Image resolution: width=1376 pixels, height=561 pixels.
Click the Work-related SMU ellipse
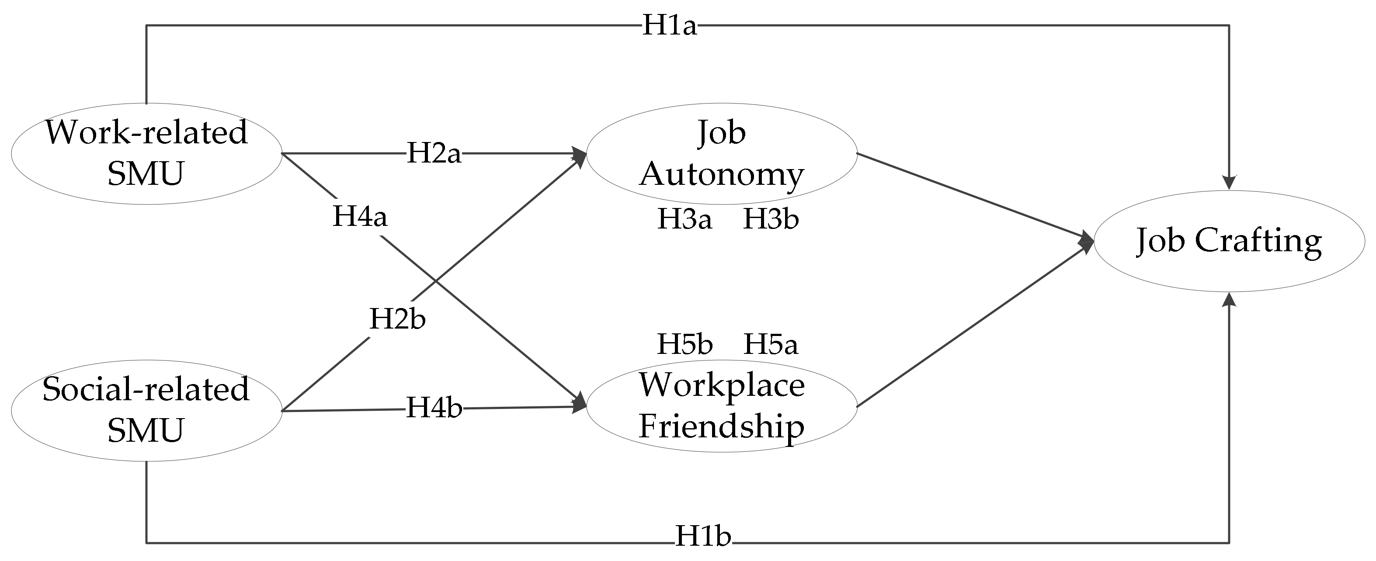coord(146,154)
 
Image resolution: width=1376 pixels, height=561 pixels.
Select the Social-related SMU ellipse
coord(146,410)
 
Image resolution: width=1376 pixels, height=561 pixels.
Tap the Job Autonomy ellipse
coord(722,154)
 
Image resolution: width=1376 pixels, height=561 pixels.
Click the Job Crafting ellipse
coord(1229,241)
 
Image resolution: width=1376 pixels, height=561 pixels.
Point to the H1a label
coord(669,25)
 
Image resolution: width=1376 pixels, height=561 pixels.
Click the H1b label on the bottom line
coord(703,536)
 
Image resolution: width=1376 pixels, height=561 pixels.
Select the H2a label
coord(434,153)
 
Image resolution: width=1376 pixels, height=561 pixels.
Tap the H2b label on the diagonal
coord(397,319)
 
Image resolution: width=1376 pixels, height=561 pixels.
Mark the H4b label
coord(434,409)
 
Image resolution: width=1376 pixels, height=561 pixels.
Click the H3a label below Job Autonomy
coord(684,219)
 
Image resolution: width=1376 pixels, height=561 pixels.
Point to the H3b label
coord(771,219)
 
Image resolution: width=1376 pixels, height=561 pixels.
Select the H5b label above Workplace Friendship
coord(684,344)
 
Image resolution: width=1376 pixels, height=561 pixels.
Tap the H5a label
coord(771,344)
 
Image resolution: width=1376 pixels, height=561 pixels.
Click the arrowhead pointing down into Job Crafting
coord(1229,183)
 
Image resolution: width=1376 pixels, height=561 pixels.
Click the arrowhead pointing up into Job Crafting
coord(1229,300)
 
